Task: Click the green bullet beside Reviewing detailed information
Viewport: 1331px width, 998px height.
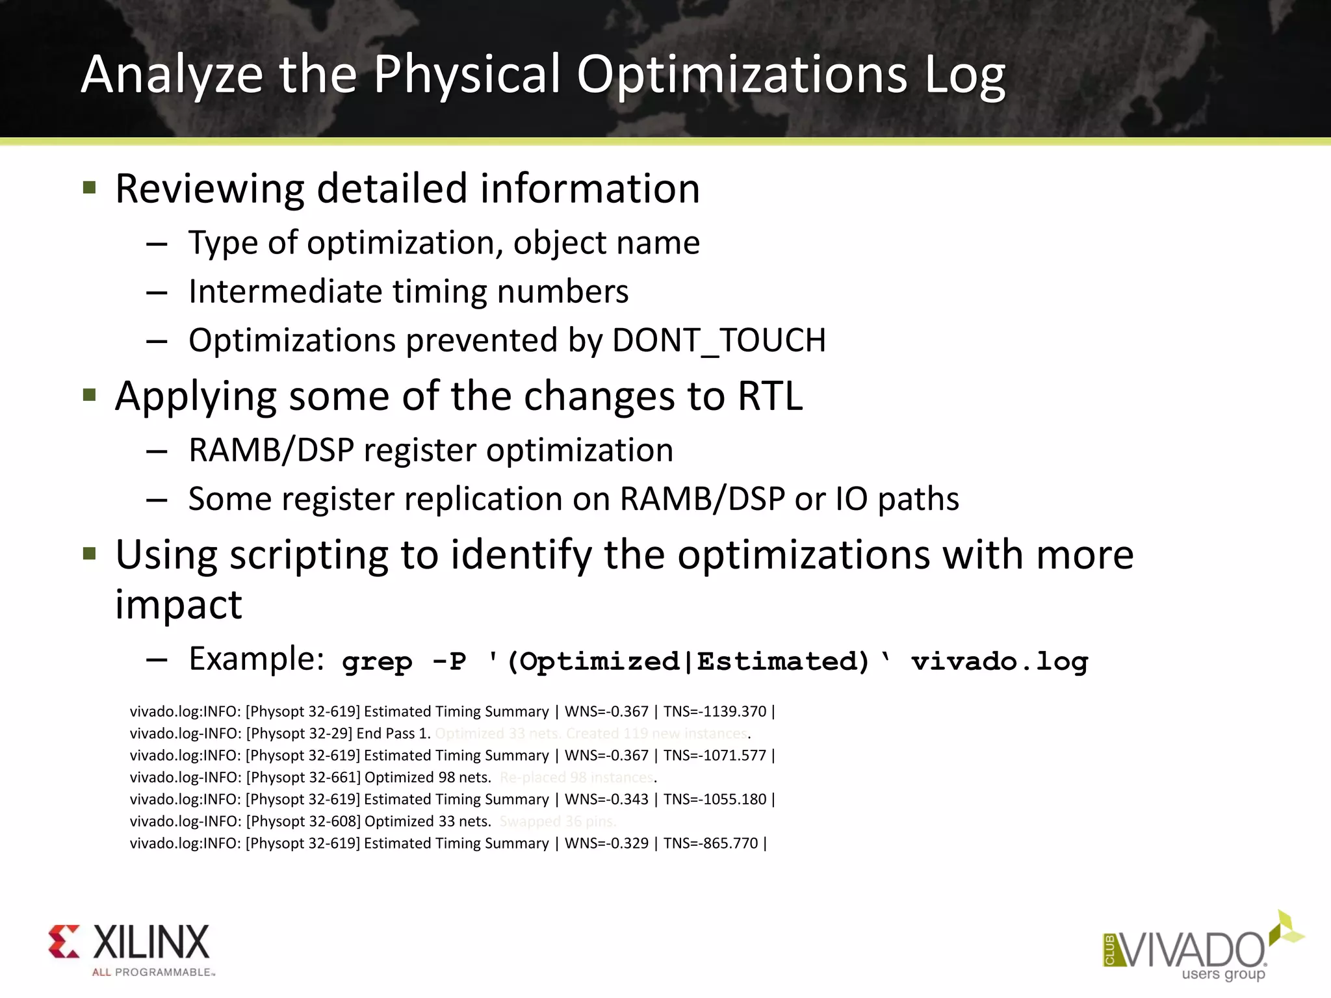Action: click(x=90, y=188)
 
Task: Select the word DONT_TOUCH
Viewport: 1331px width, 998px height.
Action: click(x=719, y=340)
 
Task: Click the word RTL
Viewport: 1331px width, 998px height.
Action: click(x=770, y=396)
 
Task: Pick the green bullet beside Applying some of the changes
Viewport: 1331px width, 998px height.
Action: click(x=90, y=395)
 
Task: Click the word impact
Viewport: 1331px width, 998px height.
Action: click(x=179, y=604)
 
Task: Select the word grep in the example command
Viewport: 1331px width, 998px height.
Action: click(x=377, y=661)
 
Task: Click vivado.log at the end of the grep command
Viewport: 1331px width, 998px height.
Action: click(x=1000, y=661)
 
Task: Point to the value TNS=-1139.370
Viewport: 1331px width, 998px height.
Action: click(x=715, y=711)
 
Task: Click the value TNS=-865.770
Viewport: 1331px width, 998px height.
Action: click(x=710, y=843)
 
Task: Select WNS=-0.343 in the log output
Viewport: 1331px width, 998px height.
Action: click(x=606, y=799)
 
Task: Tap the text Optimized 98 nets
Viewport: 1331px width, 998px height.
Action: click(x=428, y=778)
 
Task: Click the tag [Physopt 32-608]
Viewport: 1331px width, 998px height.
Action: click(x=303, y=821)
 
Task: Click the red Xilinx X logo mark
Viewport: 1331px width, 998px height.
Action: click(x=64, y=941)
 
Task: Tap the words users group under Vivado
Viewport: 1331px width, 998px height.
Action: click(x=1223, y=974)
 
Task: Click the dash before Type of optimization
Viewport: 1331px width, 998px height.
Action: click(x=157, y=244)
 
